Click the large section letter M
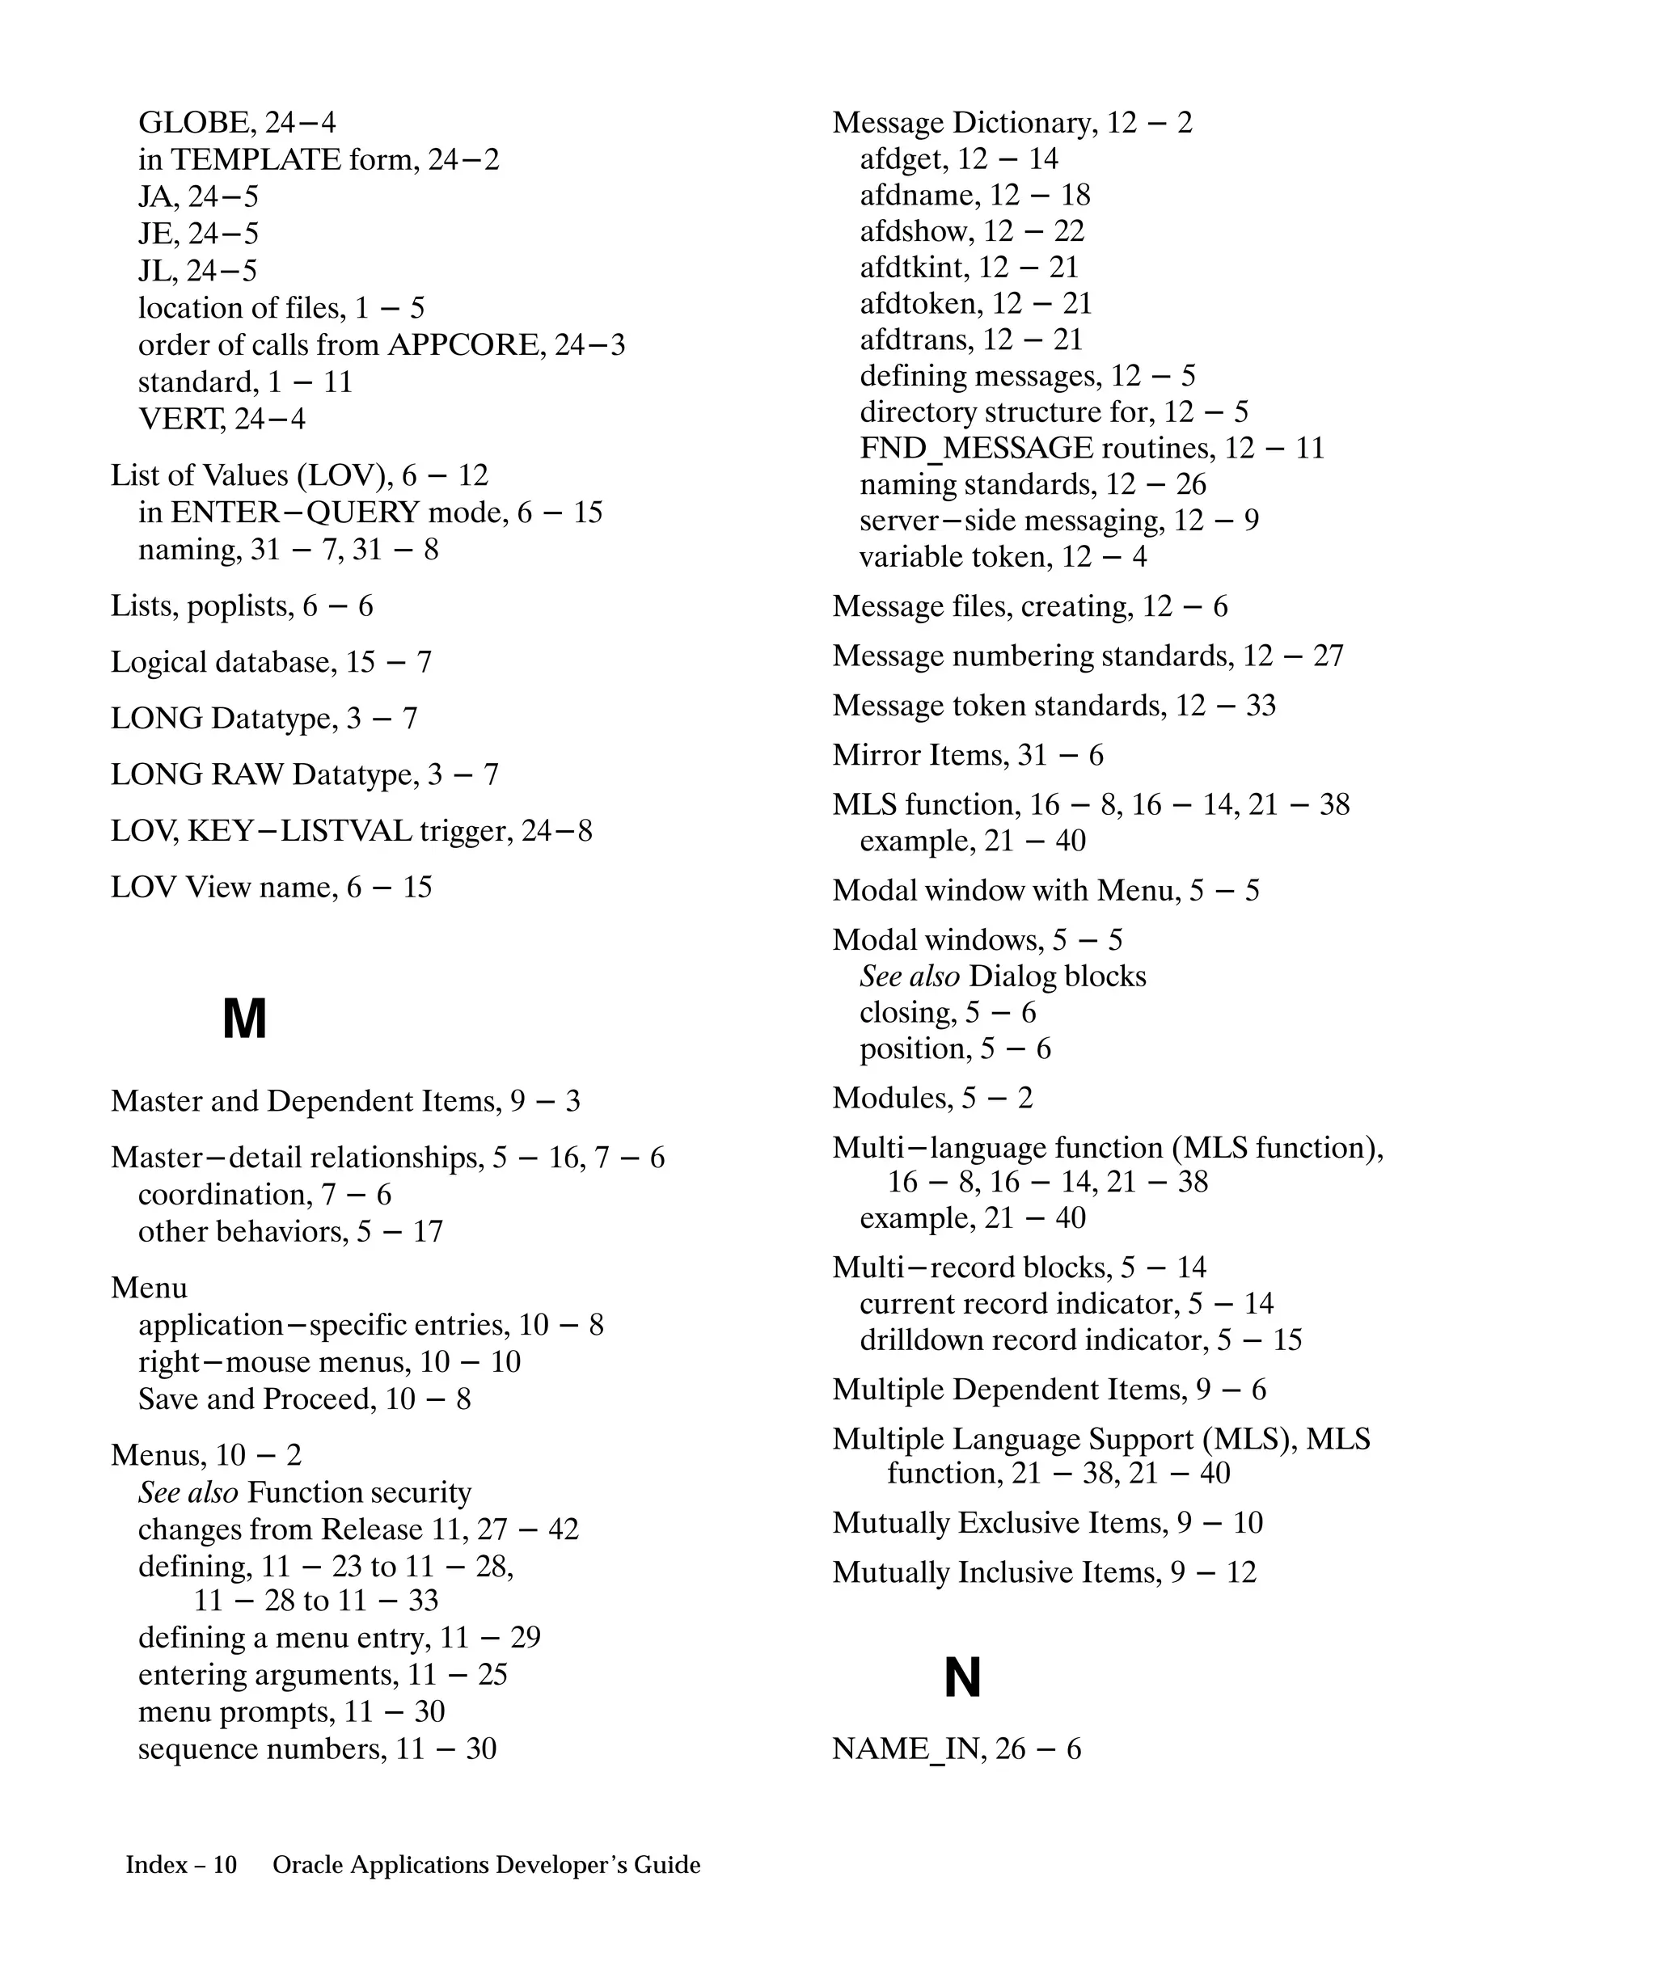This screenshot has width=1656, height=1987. pos(244,1019)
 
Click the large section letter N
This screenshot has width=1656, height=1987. pos(962,1677)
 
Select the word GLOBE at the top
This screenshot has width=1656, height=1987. pos(193,123)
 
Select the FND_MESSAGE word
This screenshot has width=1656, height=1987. pos(976,449)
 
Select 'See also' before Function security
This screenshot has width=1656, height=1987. pos(188,1493)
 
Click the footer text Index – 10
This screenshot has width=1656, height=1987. pos(181,1865)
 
